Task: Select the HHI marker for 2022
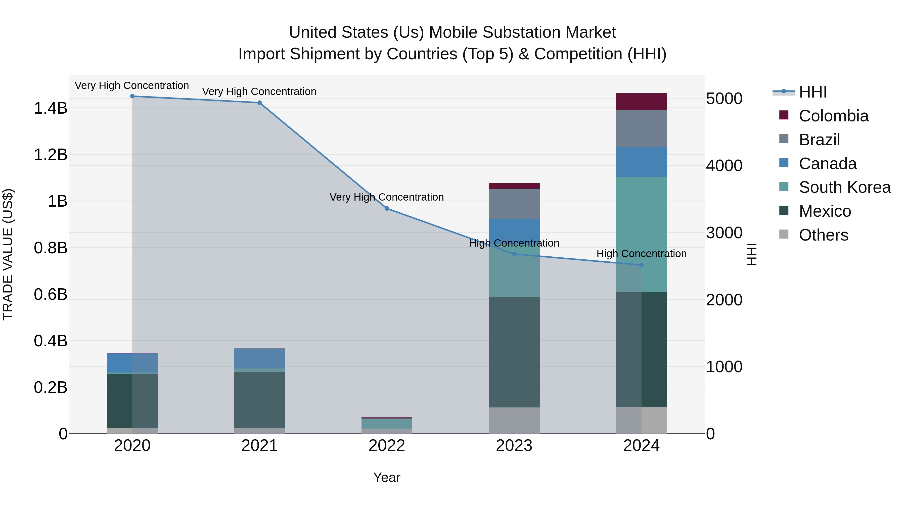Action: (x=387, y=209)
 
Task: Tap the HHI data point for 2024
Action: (x=641, y=265)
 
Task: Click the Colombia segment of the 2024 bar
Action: (x=641, y=102)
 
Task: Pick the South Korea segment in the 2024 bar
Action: (x=641, y=235)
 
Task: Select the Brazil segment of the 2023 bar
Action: (x=514, y=204)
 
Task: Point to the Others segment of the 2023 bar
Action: (x=514, y=421)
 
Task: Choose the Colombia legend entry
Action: (x=833, y=116)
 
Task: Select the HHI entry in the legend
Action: (x=812, y=92)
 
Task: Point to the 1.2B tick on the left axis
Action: (x=51, y=155)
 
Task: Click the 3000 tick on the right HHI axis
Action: (x=724, y=233)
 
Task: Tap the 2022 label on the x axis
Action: (x=387, y=446)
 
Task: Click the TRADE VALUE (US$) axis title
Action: (x=8, y=254)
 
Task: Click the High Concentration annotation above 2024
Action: (x=641, y=254)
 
